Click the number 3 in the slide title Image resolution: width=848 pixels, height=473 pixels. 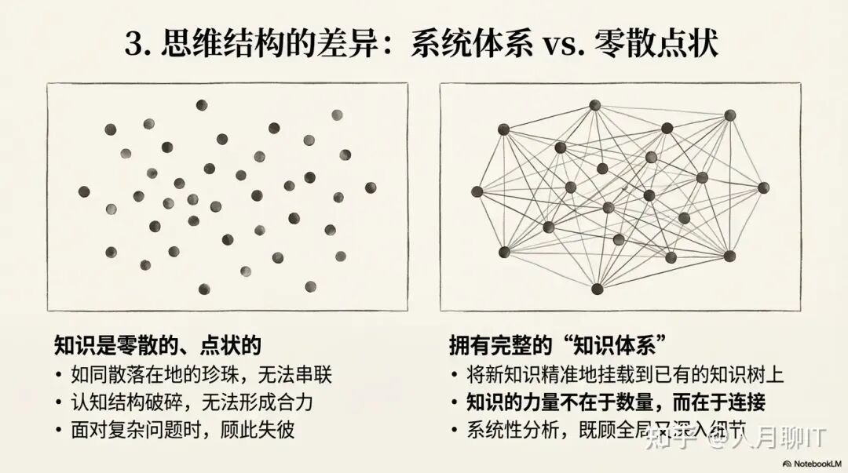135,44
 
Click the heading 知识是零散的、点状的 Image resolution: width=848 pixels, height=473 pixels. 157,345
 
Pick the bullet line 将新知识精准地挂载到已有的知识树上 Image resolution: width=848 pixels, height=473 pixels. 625,374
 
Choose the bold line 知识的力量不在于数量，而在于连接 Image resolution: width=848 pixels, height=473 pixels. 616,402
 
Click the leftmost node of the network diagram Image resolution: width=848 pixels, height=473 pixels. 477,191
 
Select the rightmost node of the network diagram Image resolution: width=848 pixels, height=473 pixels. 764,187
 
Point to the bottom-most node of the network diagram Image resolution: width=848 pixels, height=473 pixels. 598,289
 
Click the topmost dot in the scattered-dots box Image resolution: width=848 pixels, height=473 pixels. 202,105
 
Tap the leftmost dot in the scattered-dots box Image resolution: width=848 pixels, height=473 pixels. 84,191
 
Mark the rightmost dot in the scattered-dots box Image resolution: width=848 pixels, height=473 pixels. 371,187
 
